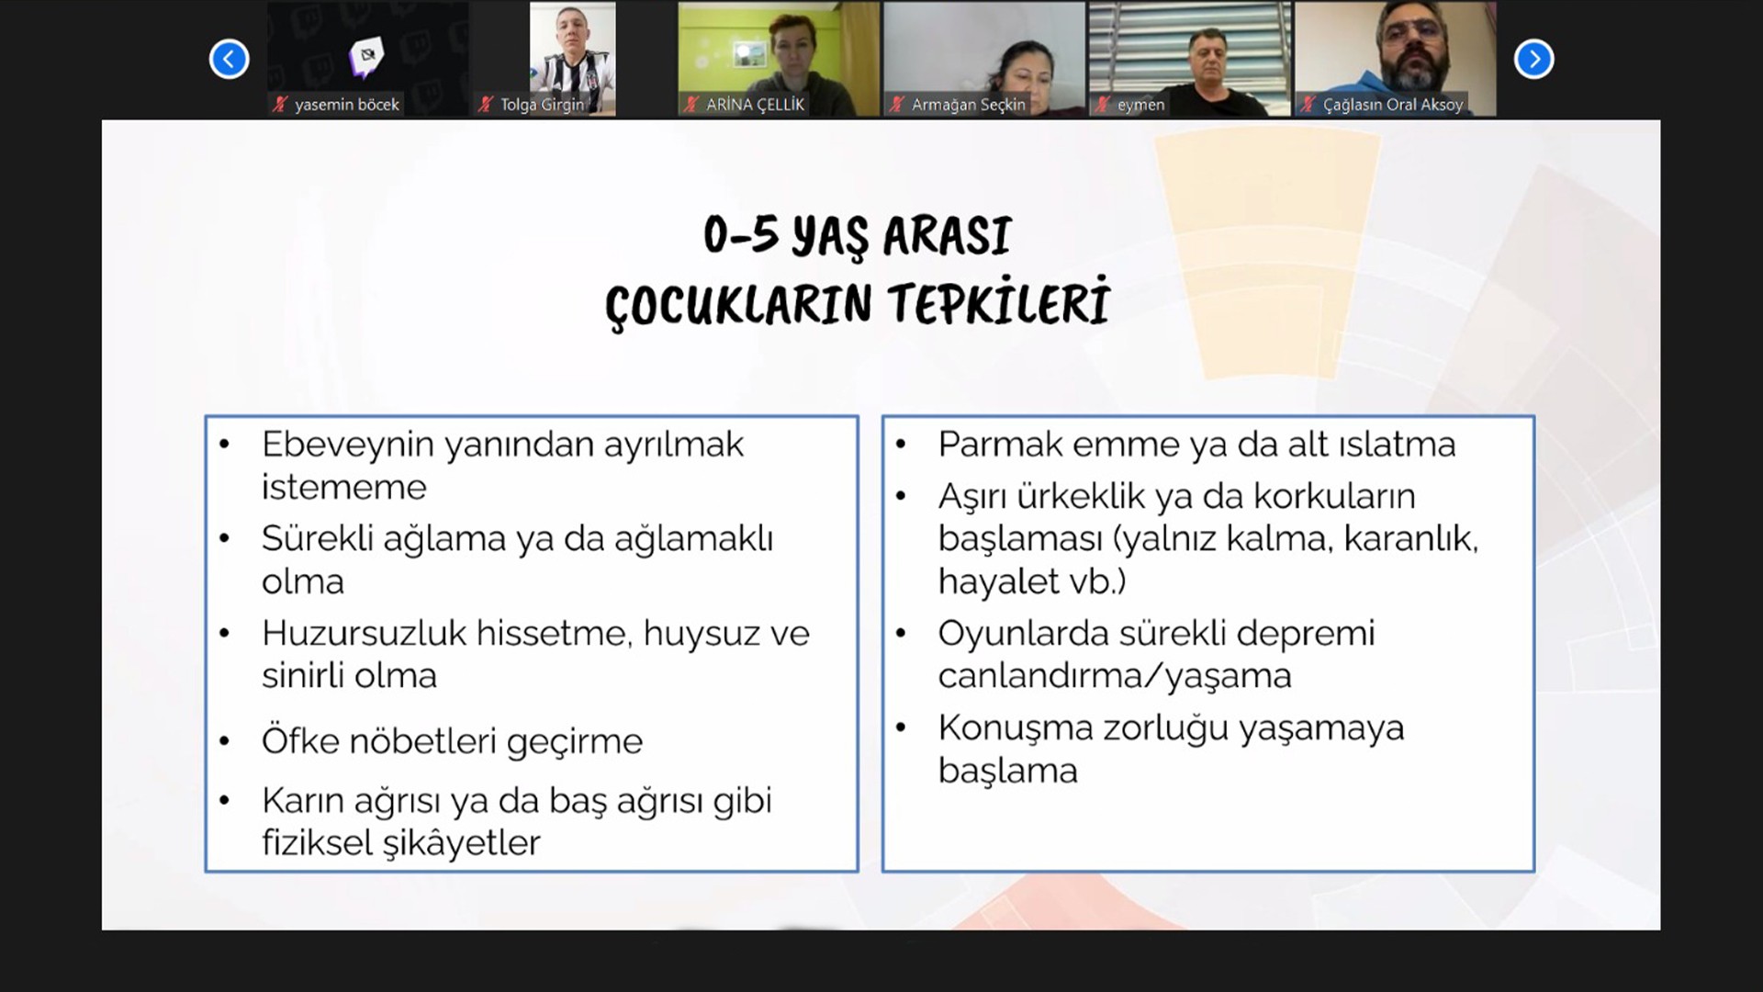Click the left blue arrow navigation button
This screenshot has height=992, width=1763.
coord(229,60)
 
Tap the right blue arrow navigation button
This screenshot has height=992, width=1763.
coord(1533,60)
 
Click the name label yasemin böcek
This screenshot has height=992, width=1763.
coord(347,105)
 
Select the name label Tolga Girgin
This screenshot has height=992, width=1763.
coord(542,105)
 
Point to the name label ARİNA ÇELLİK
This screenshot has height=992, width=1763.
coord(755,105)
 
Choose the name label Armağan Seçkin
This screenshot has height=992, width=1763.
coord(968,105)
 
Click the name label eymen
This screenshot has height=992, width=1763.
coord(1140,105)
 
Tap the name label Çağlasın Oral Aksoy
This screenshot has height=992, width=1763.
coord(1392,105)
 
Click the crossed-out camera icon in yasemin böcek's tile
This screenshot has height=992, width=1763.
coord(367,57)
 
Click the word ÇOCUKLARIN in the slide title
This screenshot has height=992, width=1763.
coord(738,304)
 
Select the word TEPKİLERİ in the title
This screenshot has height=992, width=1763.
coord(999,301)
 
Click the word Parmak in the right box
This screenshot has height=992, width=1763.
coord(1000,445)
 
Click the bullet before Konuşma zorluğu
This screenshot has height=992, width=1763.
coord(901,727)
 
